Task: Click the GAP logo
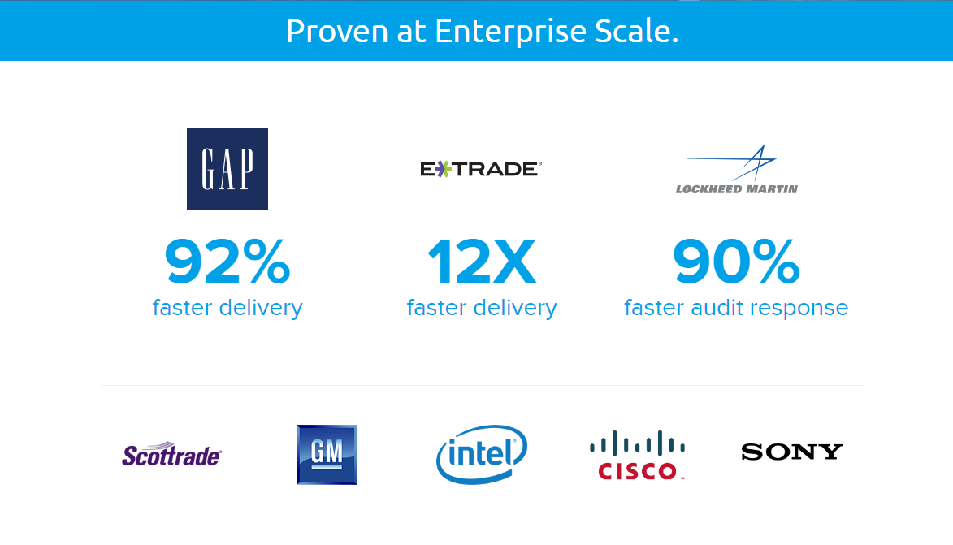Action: [x=227, y=169]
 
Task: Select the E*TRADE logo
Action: [x=480, y=169]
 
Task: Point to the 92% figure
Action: [x=227, y=262]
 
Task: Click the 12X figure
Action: [x=482, y=262]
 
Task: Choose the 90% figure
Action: [x=736, y=262]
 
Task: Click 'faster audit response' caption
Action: [x=736, y=308]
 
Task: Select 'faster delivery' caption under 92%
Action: [x=227, y=308]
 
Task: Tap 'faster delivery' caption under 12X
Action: [x=482, y=308]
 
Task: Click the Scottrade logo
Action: [x=171, y=454]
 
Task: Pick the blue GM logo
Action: [x=327, y=454]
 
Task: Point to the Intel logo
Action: [x=482, y=454]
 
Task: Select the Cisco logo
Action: [x=638, y=456]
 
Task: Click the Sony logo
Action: [x=792, y=452]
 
